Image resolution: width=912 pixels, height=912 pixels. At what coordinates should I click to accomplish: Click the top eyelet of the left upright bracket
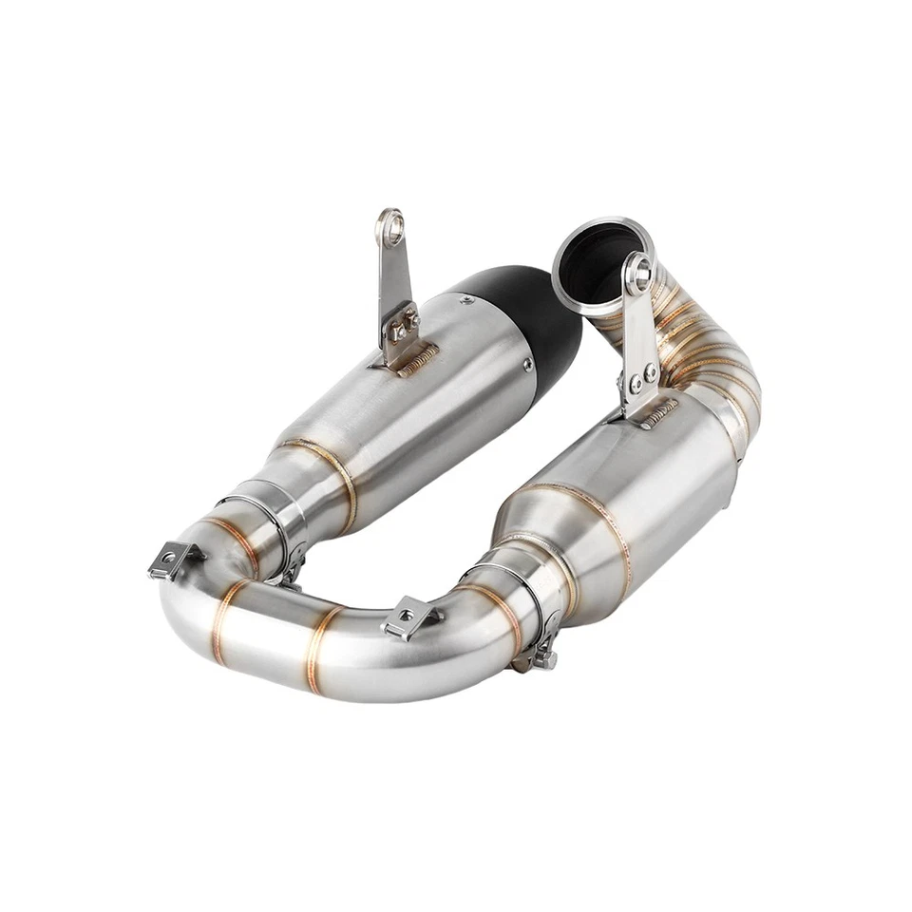tap(389, 225)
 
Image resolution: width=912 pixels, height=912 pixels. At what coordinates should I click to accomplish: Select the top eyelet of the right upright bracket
tap(641, 272)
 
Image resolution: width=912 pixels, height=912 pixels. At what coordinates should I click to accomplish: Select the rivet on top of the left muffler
tap(466, 299)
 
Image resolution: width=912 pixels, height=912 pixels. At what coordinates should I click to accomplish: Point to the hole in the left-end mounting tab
tap(169, 560)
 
